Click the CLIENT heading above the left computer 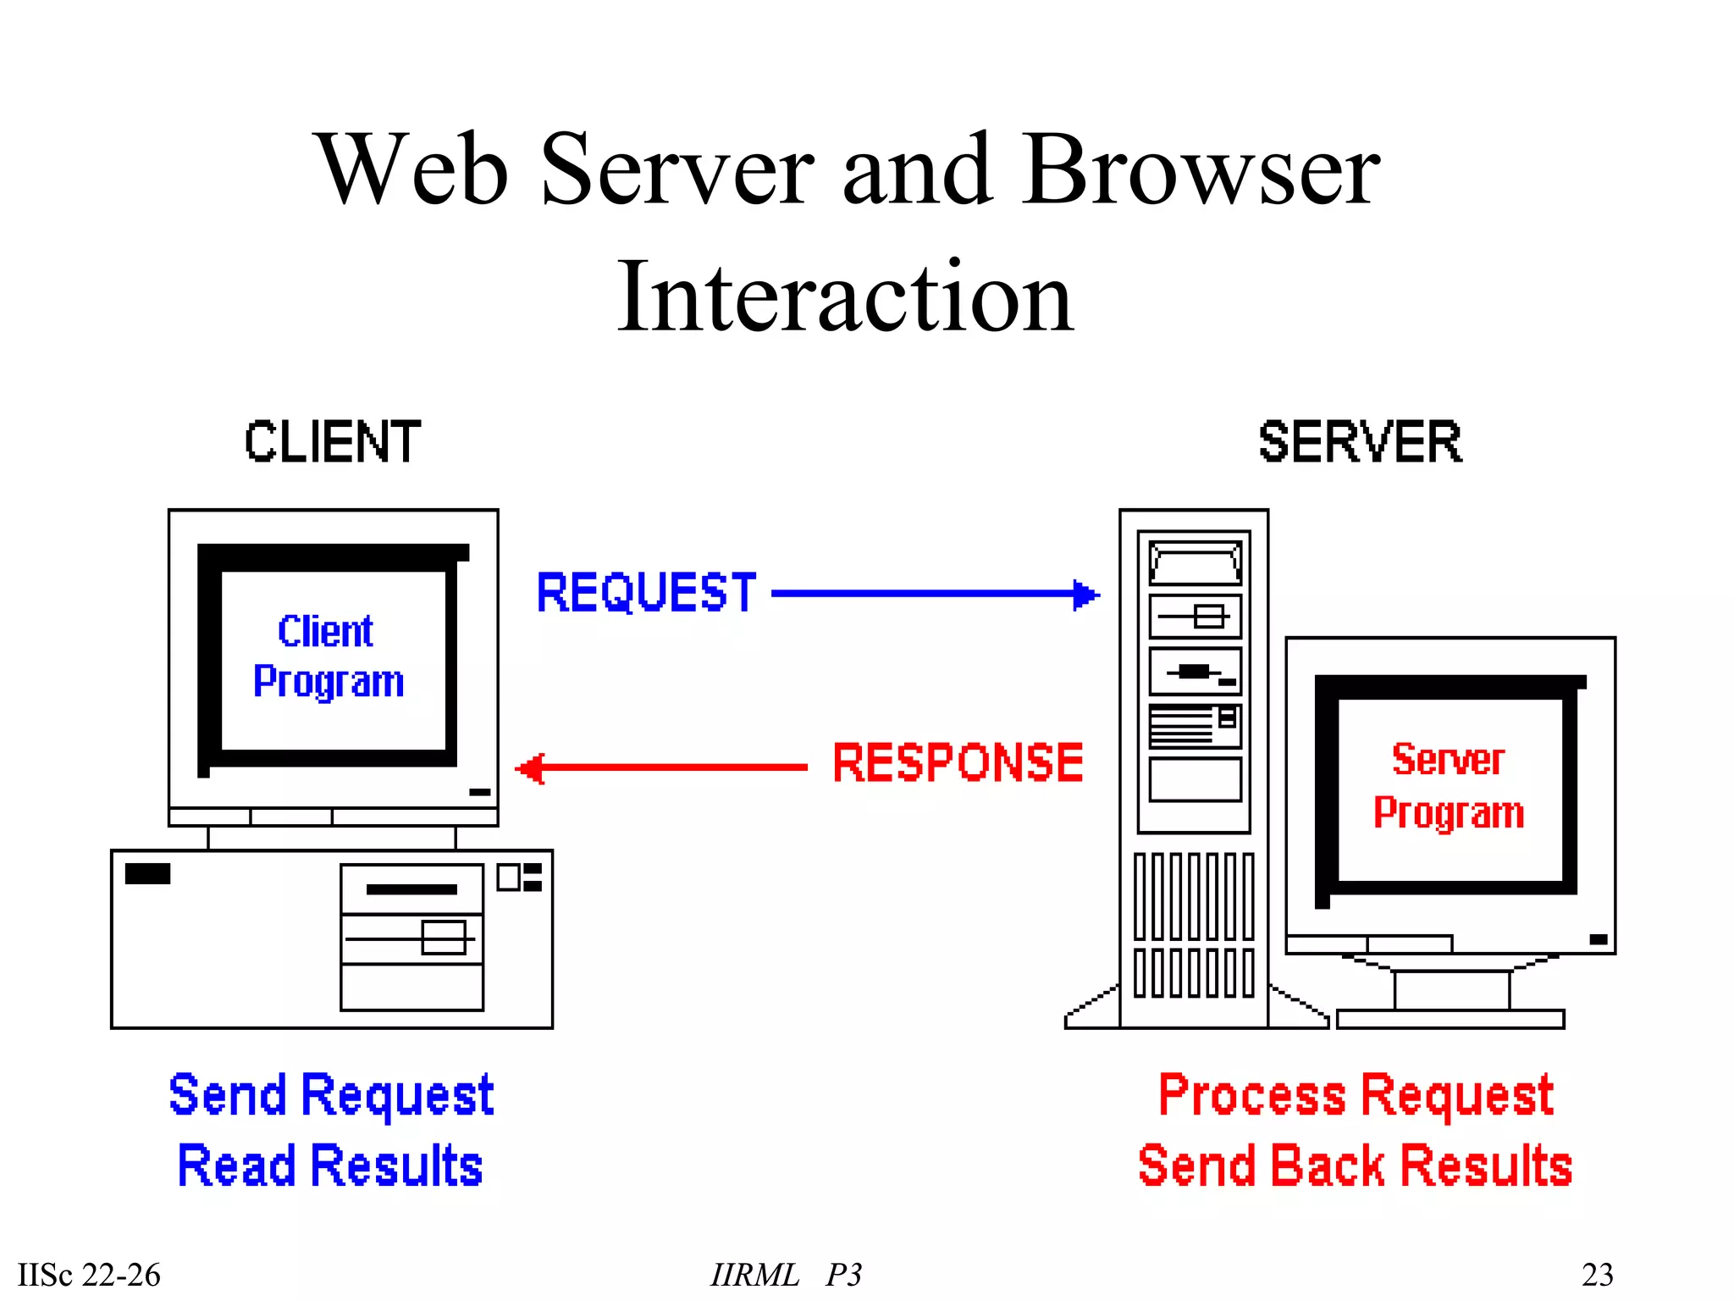coord(333,442)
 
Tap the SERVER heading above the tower coord(1360,442)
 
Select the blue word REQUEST coord(646,592)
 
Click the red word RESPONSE coord(958,762)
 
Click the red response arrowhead coord(531,768)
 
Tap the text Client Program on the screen coord(329,656)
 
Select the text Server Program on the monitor coord(1449,786)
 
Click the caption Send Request coord(331,1094)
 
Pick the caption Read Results coord(330,1165)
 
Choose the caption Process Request coord(1356,1094)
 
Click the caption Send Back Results coord(1355,1165)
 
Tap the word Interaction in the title coord(845,296)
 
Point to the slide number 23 coord(1597,1274)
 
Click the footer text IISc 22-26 coord(89,1274)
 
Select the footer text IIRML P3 coord(786,1274)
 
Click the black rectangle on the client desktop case coord(147,873)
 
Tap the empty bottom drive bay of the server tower coord(1195,779)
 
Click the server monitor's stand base coord(1450,1019)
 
